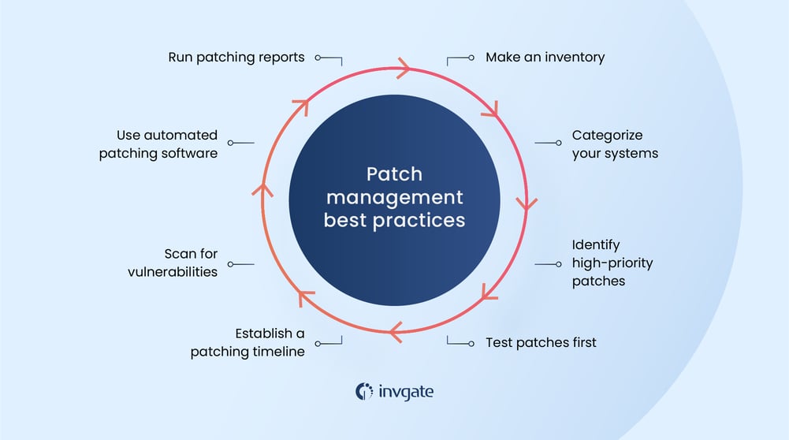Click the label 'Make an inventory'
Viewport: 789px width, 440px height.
pos(545,58)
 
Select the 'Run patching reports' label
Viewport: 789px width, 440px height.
pos(236,58)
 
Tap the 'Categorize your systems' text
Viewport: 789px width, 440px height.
pos(615,144)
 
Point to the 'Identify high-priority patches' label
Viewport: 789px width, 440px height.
pos(612,263)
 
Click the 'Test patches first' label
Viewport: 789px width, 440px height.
pos(541,342)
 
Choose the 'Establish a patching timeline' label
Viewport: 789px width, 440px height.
pos(247,342)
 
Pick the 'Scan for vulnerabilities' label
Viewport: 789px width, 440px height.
pos(191,263)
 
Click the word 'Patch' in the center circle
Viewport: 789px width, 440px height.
pos(394,175)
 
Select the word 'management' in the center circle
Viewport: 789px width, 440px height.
pos(394,197)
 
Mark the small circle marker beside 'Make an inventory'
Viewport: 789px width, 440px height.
pos(471,58)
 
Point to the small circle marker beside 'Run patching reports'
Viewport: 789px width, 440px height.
pos(318,58)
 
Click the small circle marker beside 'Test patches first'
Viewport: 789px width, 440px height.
pos(471,343)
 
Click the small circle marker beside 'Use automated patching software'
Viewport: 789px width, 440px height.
pos(231,144)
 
